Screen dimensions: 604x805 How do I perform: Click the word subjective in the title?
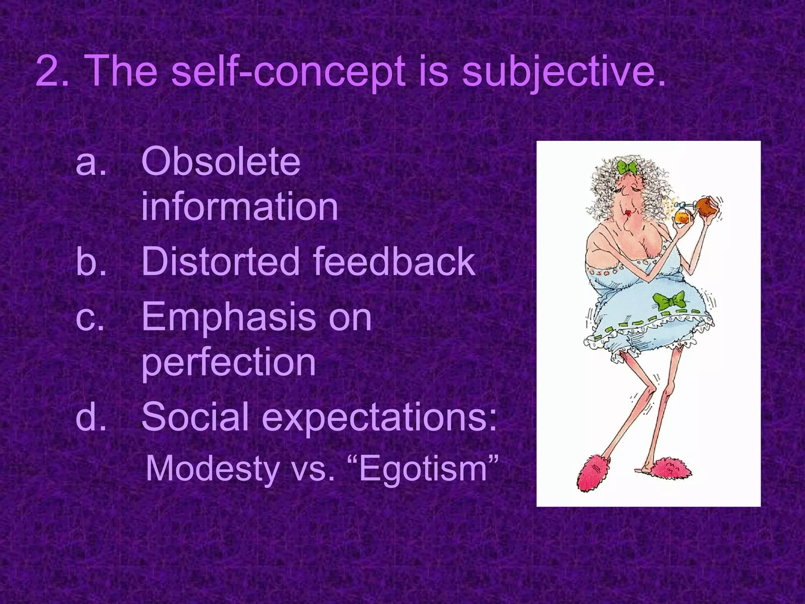pos(563,72)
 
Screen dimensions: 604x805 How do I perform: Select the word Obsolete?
pos(221,162)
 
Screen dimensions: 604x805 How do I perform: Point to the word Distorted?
pos(220,261)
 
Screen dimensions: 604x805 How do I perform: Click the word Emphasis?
pos(228,318)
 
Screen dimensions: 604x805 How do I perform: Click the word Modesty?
pos(212,469)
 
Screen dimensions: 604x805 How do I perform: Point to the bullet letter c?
pos(90,318)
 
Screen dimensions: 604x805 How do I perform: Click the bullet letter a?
pos(90,162)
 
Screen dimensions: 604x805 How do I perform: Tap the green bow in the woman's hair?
pos(627,168)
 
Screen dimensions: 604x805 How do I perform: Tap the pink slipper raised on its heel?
pos(594,473)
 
